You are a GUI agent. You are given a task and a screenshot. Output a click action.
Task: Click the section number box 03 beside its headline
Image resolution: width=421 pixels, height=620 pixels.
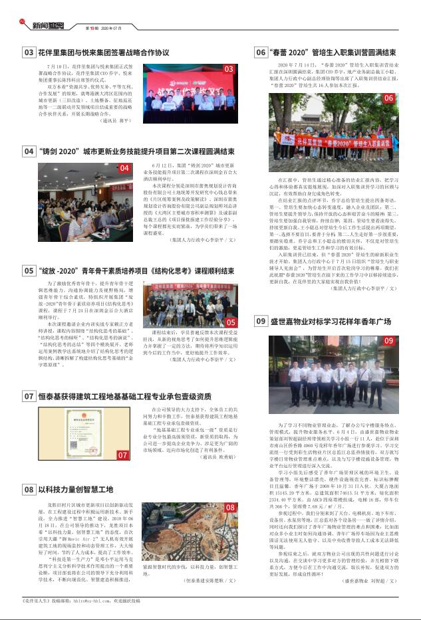pos(29,52)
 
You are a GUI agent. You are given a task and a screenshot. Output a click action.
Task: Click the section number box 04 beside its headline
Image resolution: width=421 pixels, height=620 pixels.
pos(29,151)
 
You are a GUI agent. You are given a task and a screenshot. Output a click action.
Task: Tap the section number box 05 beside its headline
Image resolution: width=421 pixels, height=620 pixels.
pos(29,270)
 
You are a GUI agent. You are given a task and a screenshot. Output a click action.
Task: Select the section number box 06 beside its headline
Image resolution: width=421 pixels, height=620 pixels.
pos(261,52)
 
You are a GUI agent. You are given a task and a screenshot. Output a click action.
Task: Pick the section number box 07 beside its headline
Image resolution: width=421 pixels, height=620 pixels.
pos(29,396)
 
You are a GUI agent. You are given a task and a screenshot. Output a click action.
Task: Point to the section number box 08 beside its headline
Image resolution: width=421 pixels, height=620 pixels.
pos(29,489)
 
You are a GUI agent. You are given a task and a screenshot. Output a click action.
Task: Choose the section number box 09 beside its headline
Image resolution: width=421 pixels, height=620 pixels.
pos(261,322)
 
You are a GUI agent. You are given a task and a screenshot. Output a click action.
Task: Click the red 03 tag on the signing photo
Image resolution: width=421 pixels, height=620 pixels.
pos(228,69)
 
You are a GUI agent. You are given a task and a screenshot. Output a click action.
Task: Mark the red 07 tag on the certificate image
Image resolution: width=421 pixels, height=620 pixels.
pos(123,455)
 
